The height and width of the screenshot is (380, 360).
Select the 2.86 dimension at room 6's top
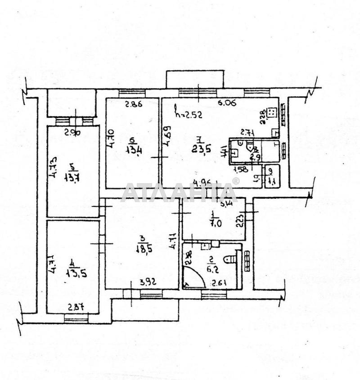click(134, 105)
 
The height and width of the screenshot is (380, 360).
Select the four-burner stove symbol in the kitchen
click(271, 112)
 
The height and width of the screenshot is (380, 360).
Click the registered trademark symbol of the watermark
click(235, 181)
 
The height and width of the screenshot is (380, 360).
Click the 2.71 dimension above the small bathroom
click(248, 132)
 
